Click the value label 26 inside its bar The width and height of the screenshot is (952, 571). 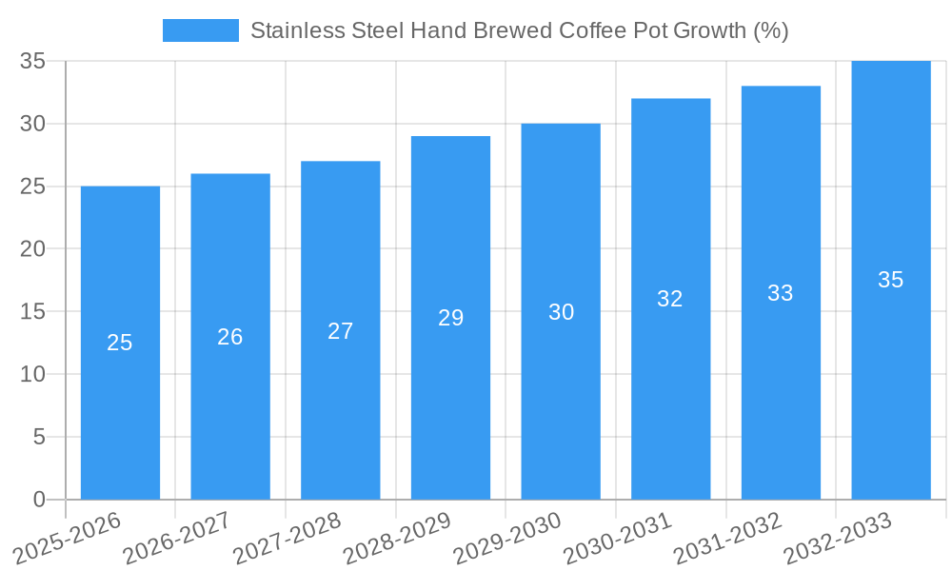coord(230,337)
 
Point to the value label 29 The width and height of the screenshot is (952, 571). coord(450,318)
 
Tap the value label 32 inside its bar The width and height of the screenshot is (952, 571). coord(670,299)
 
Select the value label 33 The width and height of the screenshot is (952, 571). coord(781,293)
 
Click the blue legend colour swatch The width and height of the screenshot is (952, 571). coord(201,30)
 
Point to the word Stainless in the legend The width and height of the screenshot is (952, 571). coord(289,30)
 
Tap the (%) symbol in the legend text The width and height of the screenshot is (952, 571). coord(770,30)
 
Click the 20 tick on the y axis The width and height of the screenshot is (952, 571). coord(33,249)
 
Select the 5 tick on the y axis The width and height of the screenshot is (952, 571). coord(39,437)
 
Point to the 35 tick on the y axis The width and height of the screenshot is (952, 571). coord(33,61)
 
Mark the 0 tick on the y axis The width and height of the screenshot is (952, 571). coord(39,500)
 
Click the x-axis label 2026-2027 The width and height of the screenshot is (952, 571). coord(177,539)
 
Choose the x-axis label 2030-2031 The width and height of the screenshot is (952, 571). coord(617,539)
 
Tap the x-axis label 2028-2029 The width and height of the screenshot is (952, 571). coord(397,539)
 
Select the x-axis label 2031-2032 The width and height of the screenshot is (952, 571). coord(727,539)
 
